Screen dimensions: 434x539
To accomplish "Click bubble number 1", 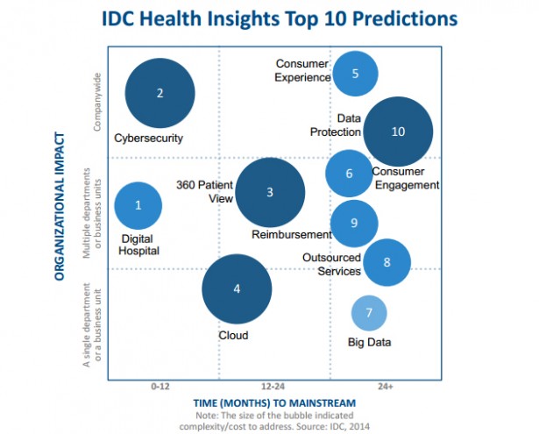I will [x=138, y=205].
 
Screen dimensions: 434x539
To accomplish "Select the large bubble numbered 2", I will [x=160, y=93].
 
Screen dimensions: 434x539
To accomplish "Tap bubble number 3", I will [x=271, y=192].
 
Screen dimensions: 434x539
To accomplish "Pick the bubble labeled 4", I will [x=237, y=288].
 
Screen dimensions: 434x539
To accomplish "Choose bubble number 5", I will [x=355, y=74].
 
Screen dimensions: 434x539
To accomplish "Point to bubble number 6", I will [x=349, y=173].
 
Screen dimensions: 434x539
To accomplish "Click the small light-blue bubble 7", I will [x=369, y=312].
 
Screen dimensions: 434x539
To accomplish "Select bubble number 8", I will [x=387, y=261].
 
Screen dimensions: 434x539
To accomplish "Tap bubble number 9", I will [x=354, y=223].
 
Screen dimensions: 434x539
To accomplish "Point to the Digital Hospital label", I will [x=140, y=244].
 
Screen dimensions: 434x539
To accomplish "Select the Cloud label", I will [x=233, y=336].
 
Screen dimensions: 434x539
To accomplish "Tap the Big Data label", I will [x=369, y=342].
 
